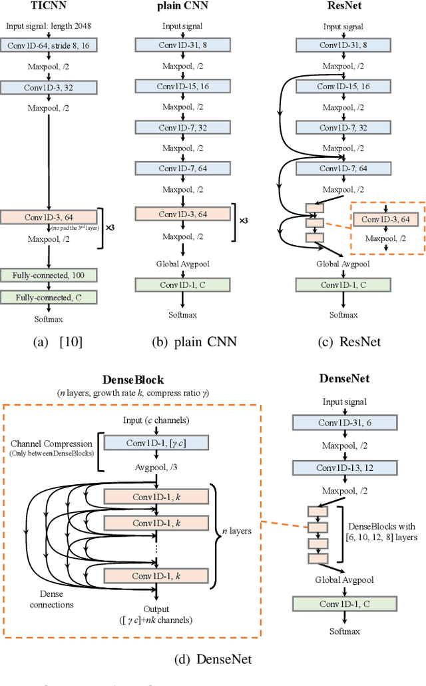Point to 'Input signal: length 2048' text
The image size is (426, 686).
click(x=49, y=27)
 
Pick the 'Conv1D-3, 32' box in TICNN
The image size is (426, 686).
click(x=49, y=87)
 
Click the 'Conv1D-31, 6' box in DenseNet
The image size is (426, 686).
click(x=345, y=422)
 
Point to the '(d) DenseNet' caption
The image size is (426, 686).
click(x=212, y=660)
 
